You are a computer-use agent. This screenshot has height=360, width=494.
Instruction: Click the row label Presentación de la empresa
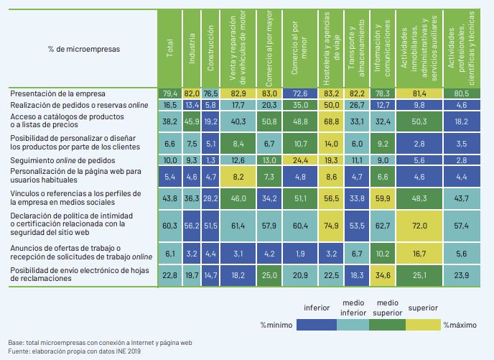(58, 93)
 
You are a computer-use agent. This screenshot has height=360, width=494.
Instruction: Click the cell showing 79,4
(170, 93)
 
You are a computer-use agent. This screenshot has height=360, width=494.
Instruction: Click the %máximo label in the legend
(459, 325)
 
